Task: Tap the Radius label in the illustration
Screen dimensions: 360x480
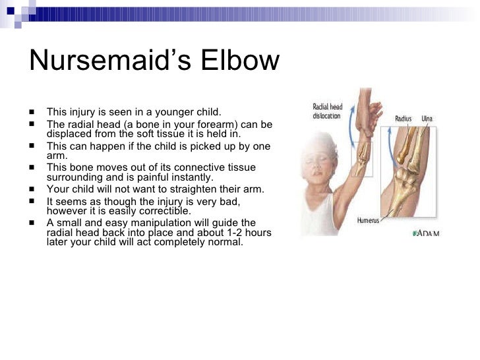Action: [403, 119]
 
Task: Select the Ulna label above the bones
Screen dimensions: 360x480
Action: [427, 119]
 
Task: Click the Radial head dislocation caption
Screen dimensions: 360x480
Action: [328, 111]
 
